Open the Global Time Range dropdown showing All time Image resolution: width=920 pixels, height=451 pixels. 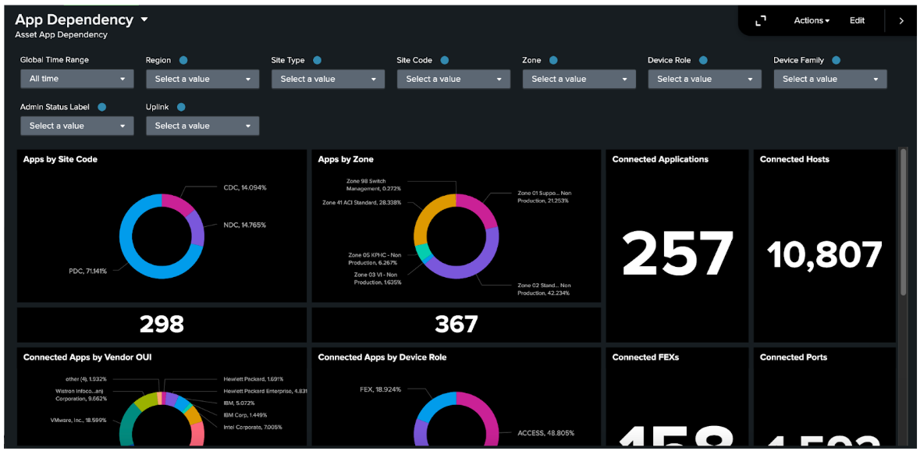click(76, 79)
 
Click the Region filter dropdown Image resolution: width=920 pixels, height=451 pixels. click(202, 79)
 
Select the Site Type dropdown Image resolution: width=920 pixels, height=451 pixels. click(328, 79)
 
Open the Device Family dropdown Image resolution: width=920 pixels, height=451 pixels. click(829, 79)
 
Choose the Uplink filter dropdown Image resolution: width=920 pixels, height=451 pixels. click(202, 126)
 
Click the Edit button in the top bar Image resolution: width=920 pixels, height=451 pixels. click(857, 21)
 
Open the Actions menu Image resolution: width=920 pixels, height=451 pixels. click(812, 21)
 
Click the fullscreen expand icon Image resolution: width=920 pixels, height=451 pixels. click(761, 21)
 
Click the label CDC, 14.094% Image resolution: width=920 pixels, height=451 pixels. click(244, 188)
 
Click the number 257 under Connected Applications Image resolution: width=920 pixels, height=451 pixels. click(677, 254)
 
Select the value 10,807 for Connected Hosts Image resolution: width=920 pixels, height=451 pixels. click(824, 254)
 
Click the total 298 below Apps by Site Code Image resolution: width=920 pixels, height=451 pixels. click(162, 324)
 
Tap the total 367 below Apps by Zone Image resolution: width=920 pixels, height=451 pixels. click(456, 324)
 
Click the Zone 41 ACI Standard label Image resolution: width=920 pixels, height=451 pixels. click(361, 202)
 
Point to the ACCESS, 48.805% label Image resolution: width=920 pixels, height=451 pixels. click(545, 432)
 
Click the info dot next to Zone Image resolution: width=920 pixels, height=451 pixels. click(553, 60)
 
